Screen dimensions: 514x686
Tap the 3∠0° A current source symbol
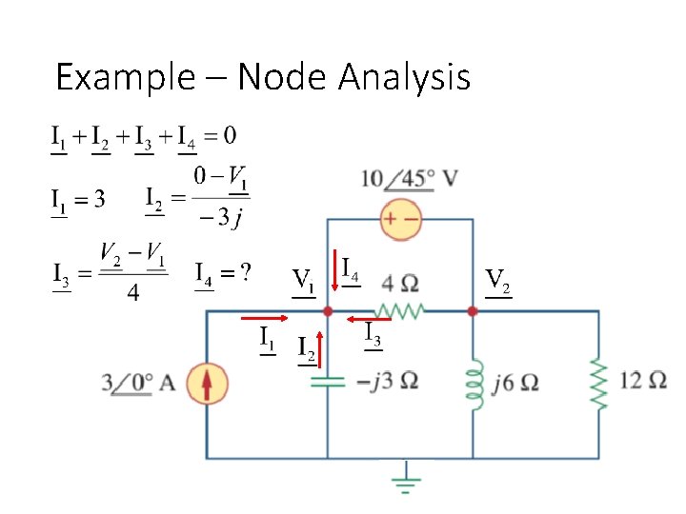pyautogui.click(x=207, y=384)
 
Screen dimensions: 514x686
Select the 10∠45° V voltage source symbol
pyautogui.click(x=401, y=219)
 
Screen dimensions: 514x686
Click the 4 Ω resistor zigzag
pyautogui.click(x=400, y=309)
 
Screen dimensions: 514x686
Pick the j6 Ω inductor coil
pyautogui.click(x=474, y=384)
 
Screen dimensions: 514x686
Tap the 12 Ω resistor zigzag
pyautogui.click(x=599, y=384)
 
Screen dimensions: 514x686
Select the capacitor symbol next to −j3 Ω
pyautogui.click(x=327, y=383)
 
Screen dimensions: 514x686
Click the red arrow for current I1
pyautogui.click(x=264, y=319)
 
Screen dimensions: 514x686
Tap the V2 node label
pyautogui.click(x=497, y=281)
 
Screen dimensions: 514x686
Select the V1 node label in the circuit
pyautogui.click(x=303, y=281)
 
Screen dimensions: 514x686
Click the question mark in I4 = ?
pyautogui.click(x=245, y=274)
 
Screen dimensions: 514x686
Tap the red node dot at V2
pyautogui.click(x=473, y=310)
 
